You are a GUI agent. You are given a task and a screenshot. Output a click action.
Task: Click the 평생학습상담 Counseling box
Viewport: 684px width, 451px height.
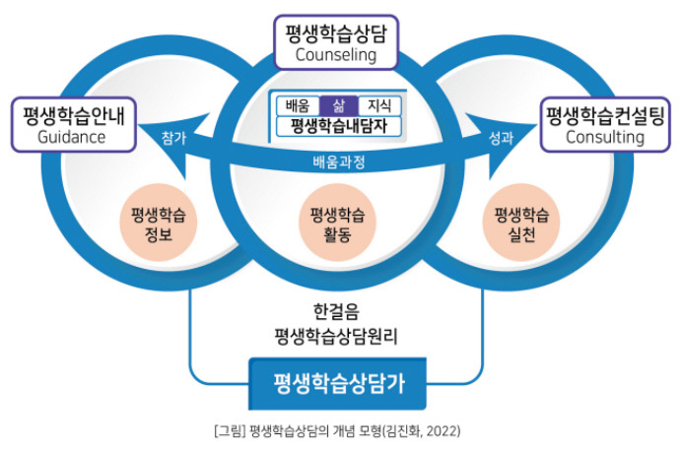coord(336,41)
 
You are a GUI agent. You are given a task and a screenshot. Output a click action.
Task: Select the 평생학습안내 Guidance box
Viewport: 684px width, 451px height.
coord(74,124)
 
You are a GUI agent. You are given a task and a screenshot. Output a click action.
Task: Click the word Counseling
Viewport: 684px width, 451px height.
coord(336,55)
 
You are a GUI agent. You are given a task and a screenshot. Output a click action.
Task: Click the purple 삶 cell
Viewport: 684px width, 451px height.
coord(339,105)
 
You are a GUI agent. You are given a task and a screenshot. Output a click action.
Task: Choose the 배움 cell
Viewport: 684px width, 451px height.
coord(298,105)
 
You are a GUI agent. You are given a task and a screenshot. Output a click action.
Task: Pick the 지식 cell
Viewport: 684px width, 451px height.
coord(379,105)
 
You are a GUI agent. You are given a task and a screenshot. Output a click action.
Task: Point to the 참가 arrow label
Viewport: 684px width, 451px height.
coord(173,140)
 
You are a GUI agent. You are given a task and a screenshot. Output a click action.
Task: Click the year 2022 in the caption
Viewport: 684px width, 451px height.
coord(443,431)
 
